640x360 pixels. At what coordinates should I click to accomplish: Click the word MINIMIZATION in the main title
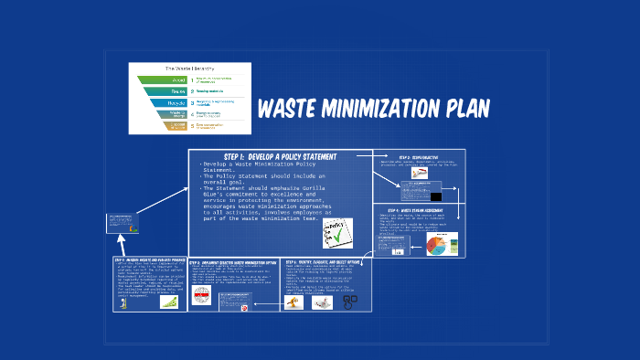[x=374, y=109]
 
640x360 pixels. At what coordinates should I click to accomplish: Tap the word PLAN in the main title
[x=461, y=109]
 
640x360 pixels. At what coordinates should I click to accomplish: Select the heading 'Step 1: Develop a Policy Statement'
[x=280, y=156]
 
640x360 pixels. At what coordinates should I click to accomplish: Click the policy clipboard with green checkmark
[x=337, y=232]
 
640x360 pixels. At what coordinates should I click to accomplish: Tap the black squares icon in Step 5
[x=349, y=301]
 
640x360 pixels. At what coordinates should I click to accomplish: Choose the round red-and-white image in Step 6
[x=244, y=308]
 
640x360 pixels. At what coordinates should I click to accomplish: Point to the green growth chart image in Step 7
[x=169, y=302]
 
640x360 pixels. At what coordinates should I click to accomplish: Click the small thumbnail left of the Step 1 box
[x=121, y=223]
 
